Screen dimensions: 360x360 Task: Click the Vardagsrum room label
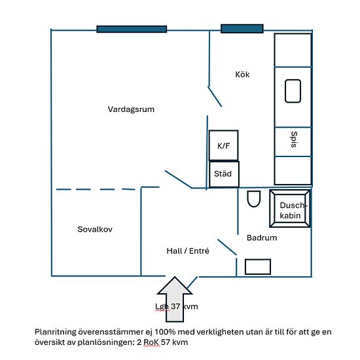point(131,109)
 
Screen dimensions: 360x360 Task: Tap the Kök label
point(242,75)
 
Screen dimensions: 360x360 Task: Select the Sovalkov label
point(95,229)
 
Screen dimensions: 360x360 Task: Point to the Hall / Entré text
point(188,251)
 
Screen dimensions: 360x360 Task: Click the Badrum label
point(262,238)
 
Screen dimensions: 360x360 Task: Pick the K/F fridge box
point(223,145)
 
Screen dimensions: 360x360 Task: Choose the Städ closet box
point(224,174)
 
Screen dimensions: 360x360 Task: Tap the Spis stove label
point(294,139)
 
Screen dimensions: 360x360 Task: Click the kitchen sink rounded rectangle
point(293,91)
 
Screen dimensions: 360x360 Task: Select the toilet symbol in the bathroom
point(254,199)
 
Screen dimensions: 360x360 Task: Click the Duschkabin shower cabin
point(290,208)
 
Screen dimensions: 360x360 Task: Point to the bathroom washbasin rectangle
point(258,267)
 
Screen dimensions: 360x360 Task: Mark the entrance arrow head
point(175,285)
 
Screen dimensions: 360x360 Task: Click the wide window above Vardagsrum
point(132,29)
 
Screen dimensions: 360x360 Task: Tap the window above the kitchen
point(242,29)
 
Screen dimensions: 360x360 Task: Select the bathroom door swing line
point(227,247)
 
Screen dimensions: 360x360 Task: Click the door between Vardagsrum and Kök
point(215,96)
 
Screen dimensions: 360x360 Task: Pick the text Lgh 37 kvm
point(177,306)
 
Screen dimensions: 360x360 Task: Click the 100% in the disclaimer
point(165,332)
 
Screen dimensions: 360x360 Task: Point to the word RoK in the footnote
point(151,342)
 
